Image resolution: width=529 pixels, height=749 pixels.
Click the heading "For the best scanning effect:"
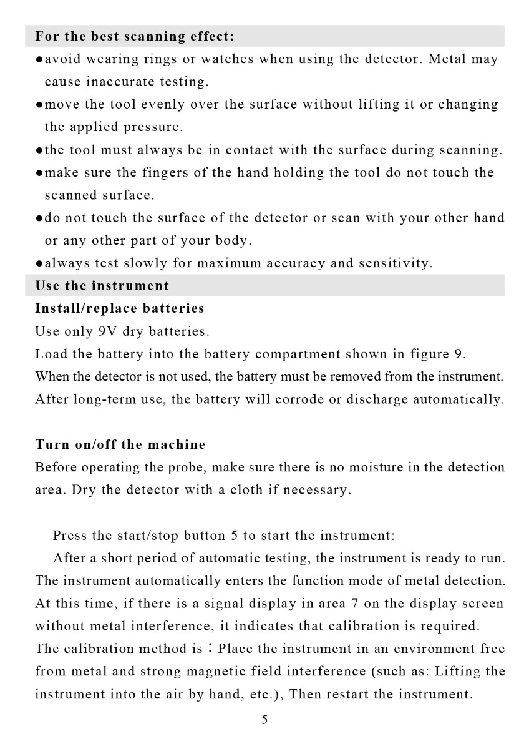pos(135,36)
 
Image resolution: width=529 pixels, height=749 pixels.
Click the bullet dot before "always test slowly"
pos(39,263)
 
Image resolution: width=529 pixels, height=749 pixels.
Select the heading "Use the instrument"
pos(102,286)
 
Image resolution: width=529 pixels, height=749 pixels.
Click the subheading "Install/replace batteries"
pos(120,308)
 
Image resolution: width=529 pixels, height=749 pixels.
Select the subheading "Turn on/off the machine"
pos(120,444)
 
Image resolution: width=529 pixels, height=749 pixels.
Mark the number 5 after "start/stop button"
pos(235,536)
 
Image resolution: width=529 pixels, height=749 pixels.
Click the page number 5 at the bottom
pos(264,720)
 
